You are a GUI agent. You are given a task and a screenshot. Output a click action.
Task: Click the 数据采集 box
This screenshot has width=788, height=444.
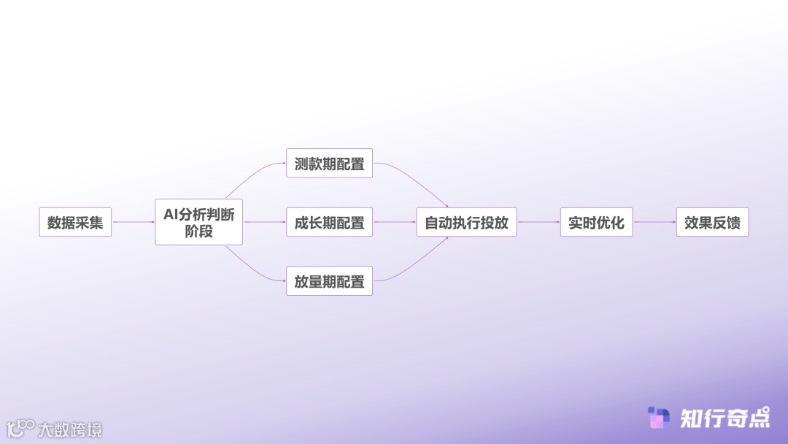(75, 222)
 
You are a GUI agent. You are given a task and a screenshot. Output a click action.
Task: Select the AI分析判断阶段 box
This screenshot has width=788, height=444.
(198, 222)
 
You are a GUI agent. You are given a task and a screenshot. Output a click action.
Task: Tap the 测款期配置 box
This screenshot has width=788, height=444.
(329, 164)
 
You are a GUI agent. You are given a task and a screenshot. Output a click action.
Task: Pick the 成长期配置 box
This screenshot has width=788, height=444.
(329, 222)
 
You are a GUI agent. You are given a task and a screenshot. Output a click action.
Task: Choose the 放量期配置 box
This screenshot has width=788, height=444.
(329, 281)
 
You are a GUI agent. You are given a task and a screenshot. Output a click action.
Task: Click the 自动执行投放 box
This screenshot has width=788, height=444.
(466, 222)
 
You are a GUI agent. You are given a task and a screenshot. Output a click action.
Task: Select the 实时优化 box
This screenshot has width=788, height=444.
(596, 222)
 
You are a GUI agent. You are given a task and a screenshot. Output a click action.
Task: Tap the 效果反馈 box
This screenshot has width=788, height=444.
(712, 222)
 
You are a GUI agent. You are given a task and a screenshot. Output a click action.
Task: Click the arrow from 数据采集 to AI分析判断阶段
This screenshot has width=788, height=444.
(133, 222)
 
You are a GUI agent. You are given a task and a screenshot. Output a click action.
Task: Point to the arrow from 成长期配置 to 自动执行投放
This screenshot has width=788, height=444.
(394, 222)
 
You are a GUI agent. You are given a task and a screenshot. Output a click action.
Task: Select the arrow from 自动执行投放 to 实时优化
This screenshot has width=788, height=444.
(538, 222)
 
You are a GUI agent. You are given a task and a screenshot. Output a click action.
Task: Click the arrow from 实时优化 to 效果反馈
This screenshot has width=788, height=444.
(654, 222)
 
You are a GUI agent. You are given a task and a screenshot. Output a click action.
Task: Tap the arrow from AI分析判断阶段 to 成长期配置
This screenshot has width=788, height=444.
(264, 222)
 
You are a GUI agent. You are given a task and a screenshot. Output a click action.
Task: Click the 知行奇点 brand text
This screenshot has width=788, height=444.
(724, 418)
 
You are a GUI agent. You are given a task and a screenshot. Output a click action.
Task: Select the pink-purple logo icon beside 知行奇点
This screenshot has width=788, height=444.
(659, 418)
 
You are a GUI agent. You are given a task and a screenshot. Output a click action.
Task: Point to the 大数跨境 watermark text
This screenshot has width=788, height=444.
(70, 429)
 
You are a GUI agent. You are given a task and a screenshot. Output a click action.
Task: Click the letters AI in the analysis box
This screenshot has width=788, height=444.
(171, 214)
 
